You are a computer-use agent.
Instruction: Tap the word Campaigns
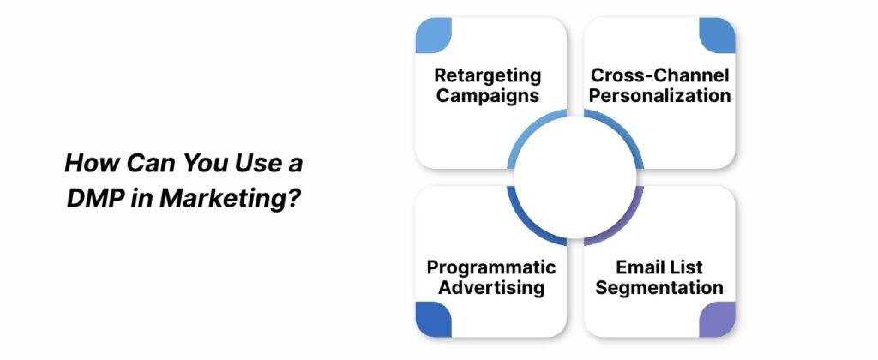487,95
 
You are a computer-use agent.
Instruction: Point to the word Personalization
659,95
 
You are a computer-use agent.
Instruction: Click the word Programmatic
491,267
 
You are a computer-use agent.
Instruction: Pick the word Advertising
491,288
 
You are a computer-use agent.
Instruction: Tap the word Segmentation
659,288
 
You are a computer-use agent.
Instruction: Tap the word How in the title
88,162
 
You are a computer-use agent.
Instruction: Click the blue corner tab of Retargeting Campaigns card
433,36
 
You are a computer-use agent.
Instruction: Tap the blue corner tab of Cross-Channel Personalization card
717,36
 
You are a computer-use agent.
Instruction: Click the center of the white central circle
574,177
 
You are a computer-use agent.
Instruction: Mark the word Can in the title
145,162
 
